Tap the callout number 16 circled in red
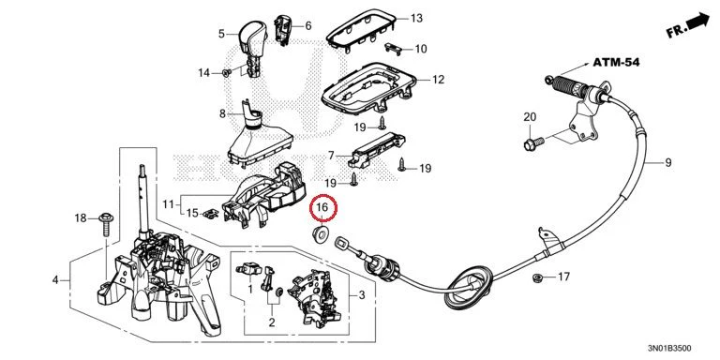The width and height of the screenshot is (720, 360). coord(323,208)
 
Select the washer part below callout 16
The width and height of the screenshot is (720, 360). coord(320,233)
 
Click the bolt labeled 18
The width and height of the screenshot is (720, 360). coord(106,224)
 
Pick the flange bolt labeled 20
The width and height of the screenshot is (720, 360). coord(533,142)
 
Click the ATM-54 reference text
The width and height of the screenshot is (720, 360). coord(616,63)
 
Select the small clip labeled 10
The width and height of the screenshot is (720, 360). coord(393,48)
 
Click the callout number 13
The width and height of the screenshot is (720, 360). coord(416,19)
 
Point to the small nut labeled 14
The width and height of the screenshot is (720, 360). coord(226,73)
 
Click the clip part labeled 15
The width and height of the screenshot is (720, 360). coord(211,213)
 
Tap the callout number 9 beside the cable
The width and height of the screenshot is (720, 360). coord(667,162)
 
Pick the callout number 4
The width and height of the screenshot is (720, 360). coord(55,279)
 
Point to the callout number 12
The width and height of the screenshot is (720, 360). coord(438,80)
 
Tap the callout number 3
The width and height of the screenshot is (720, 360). coord(362,294)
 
